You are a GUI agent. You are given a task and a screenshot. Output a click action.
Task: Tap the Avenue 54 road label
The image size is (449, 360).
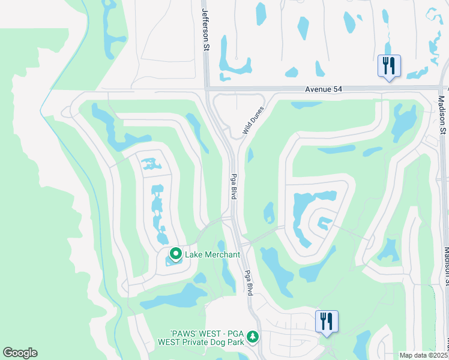(x=324, y=89)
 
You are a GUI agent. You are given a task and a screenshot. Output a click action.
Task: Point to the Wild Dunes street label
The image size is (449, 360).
(x=253, y=125)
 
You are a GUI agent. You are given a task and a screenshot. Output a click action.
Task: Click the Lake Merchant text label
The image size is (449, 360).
(x=212, y=254)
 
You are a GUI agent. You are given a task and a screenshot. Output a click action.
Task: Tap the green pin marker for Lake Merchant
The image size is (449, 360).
(x=176, y=254)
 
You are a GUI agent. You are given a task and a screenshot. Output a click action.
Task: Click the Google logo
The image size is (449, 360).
(x=20, y=353)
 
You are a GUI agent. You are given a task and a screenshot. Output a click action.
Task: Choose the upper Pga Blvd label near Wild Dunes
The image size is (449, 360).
(x=234, y=187)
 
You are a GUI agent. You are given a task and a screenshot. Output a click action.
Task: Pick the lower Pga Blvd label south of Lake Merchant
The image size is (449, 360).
(x=247, y=282)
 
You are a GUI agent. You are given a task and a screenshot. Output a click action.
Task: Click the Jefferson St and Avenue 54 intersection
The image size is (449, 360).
(x=206, y=89)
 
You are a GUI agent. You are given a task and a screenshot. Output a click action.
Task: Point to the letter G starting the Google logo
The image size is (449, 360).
(x=8, y=353)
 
